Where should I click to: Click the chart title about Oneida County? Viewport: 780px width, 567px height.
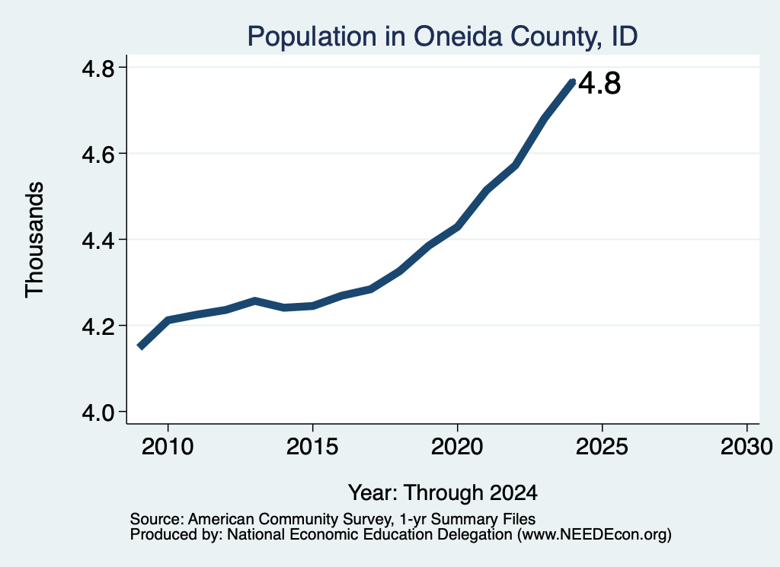coord(443,37)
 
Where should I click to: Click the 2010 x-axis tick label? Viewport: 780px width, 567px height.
coord(168,447)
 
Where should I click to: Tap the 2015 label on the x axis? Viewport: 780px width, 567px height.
coord(312,447)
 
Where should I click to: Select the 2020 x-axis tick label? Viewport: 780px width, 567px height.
coord(457,447)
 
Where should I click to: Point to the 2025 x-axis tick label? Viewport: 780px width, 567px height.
coord(602,447)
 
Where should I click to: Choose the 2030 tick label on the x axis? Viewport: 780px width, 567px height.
coord(746,447)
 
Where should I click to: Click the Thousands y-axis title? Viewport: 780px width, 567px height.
coord(35,240)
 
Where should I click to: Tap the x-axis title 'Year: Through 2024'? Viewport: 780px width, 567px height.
coord(443,493)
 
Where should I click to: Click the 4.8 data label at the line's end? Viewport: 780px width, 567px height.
coord(600,83)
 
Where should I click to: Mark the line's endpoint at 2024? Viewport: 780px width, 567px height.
coord(573,82)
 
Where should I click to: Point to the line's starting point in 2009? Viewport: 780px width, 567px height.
coord(140,347)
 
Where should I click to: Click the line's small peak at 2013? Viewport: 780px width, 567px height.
coord(254,301)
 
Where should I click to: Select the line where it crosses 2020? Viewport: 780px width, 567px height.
coord(457,227)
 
